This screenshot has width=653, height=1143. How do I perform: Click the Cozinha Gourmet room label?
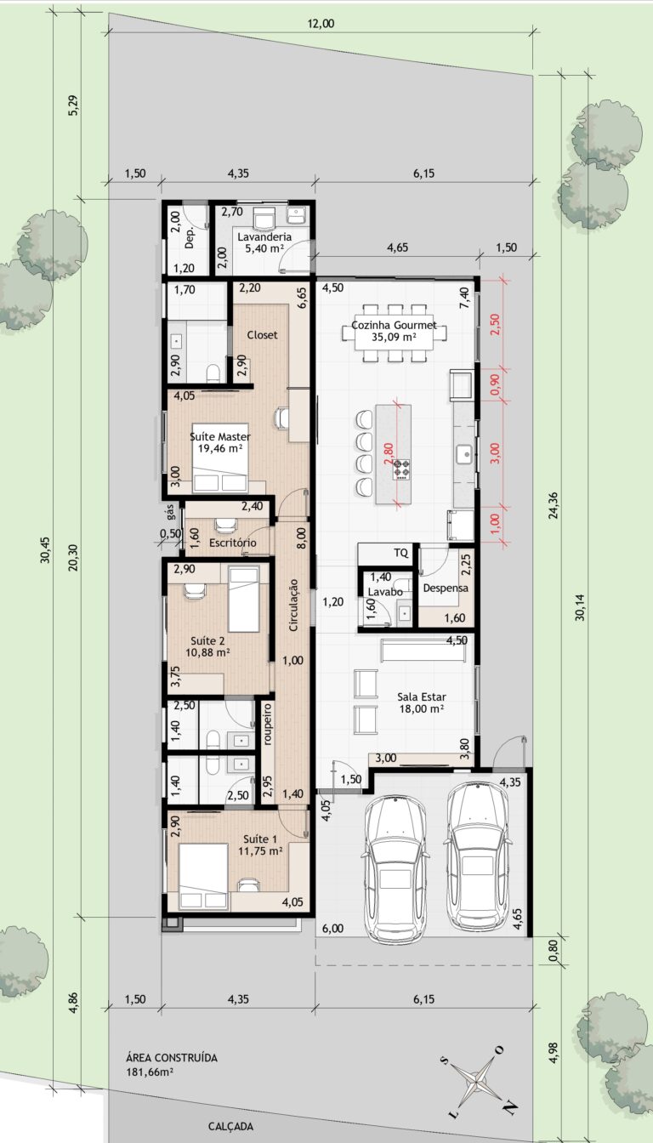pyautogui.click(x=394, y=325)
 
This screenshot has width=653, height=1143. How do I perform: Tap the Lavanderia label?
pyautogui.click(x=264, y=236)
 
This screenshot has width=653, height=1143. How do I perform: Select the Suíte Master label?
pyautogui.click(x=220, y=437)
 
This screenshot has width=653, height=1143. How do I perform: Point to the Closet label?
pyautogui.click(x=262, y=335)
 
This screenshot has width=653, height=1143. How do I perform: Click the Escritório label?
pyautogui.click(x=233, y=543)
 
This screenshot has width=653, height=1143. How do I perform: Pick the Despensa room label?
pyautogui.click(x=446, y=588)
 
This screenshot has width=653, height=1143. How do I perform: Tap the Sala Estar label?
pyautogui.click(x=422, y=697)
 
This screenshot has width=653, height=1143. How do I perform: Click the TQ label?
pyautogui.click(x=401, y=553)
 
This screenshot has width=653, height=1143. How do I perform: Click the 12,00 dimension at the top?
pyautogui.click(x=321, y=24)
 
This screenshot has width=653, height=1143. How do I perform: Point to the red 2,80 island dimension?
pyautogui.click(x=388, y=452)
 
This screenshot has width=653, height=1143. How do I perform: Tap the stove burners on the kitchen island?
pyautogui.click(x=401, y=469)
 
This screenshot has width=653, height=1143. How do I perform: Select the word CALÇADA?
pyautogui.click(x=230, y=1126)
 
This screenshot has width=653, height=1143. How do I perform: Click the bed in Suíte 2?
pyautogui.click(x=244, y=600)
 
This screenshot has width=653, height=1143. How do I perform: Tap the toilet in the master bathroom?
pyautogui.click(x=213, y=373)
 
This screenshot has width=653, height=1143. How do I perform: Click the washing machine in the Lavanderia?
pyautogui.click(x=264, y=219)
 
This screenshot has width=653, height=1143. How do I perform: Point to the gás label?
pyautogui.click(x=170, y=511)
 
